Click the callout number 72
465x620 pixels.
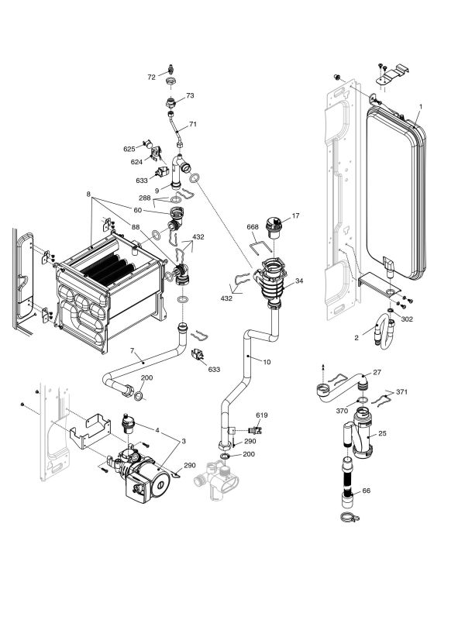pos(151,77)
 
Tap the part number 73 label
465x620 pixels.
pos(190,96)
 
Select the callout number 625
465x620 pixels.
pos(129,149)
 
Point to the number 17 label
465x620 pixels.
pos(295,215)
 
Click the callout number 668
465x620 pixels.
pos(253,227)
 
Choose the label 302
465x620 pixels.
pos(408,318)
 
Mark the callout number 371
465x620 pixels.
pos(401,393)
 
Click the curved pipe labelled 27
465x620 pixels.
pos(341,387)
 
